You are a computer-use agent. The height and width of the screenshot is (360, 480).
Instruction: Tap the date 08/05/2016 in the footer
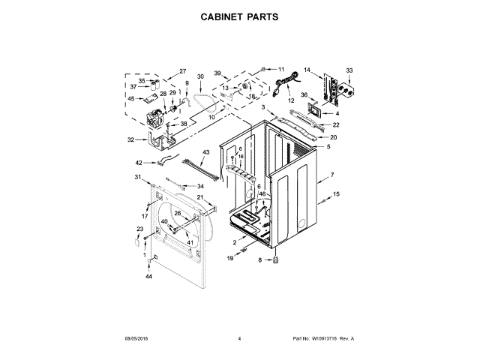point(137,339)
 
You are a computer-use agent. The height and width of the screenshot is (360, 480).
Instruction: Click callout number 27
point(182,71)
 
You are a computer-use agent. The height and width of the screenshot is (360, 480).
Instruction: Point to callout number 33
point(349,70)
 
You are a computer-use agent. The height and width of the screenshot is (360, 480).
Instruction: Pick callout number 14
point(307,71)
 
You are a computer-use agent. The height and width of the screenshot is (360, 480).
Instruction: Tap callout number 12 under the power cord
point(291,100)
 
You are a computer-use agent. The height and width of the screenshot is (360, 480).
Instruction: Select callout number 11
point(282,70)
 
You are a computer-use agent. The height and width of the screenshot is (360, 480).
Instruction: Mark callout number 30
point(200,76)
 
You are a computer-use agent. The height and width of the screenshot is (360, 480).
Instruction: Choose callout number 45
point(130,98)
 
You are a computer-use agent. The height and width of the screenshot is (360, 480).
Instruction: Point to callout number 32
point(130,139)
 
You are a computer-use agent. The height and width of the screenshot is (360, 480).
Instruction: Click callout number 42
point(139,163)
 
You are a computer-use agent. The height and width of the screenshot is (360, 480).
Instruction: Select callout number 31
point(137,177)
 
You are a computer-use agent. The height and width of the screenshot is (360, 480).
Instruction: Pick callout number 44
point(148,277)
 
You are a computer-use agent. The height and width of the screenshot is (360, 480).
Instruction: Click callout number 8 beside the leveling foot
point(260,260)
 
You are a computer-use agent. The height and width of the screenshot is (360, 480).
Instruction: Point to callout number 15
point(336,194)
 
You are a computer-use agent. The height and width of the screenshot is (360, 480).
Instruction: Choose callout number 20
point(334,137)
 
